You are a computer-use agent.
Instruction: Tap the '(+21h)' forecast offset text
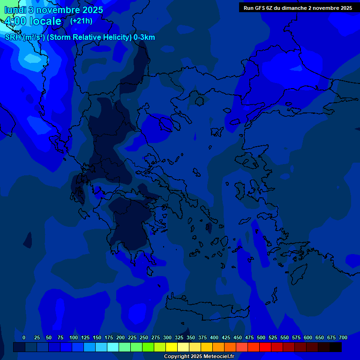click(81, 21)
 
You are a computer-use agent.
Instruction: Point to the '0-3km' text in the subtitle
click(144, 37)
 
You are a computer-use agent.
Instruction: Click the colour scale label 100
click(74, 337)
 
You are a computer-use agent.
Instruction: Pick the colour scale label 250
click(144, 337)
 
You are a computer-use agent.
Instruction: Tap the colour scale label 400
click(214, 337)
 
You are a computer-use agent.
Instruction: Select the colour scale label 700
click(343, 337)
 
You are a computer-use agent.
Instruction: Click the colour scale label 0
click(24, 337)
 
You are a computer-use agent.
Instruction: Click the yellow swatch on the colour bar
click(172, 347)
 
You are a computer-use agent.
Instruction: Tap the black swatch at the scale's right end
click(336, 347)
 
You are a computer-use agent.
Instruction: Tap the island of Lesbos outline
click(251, 162)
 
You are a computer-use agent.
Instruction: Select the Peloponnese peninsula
click(131, 225)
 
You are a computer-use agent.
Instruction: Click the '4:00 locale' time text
click(33, 21)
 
